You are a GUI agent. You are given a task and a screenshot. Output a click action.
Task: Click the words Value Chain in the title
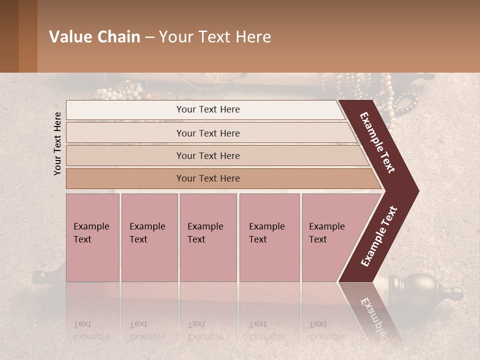pos(94,37)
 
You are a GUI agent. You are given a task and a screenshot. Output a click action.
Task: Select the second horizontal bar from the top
pos(208,133)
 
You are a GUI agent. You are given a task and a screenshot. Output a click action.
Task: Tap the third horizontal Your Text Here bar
pos(208,155)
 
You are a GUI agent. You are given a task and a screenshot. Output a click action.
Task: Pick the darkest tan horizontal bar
pos(208,178)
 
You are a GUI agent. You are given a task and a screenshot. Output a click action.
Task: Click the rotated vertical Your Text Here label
pos(57,143)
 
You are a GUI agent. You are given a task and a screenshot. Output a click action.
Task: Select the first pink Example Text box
pos(92,237)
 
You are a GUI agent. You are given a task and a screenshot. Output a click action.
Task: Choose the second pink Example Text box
pos(149,237)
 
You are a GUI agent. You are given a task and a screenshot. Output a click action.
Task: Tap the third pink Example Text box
pos(208,237)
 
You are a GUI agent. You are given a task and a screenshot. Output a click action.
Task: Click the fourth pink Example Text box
pos(269,237)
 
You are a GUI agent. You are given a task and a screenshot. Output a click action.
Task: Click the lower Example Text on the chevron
pos(379,236)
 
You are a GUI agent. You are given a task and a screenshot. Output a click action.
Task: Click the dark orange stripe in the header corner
pos(27,36)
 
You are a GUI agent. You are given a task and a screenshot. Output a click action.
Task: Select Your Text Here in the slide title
pos(215,37)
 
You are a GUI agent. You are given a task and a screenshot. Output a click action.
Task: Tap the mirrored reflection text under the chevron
pos(372,315)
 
